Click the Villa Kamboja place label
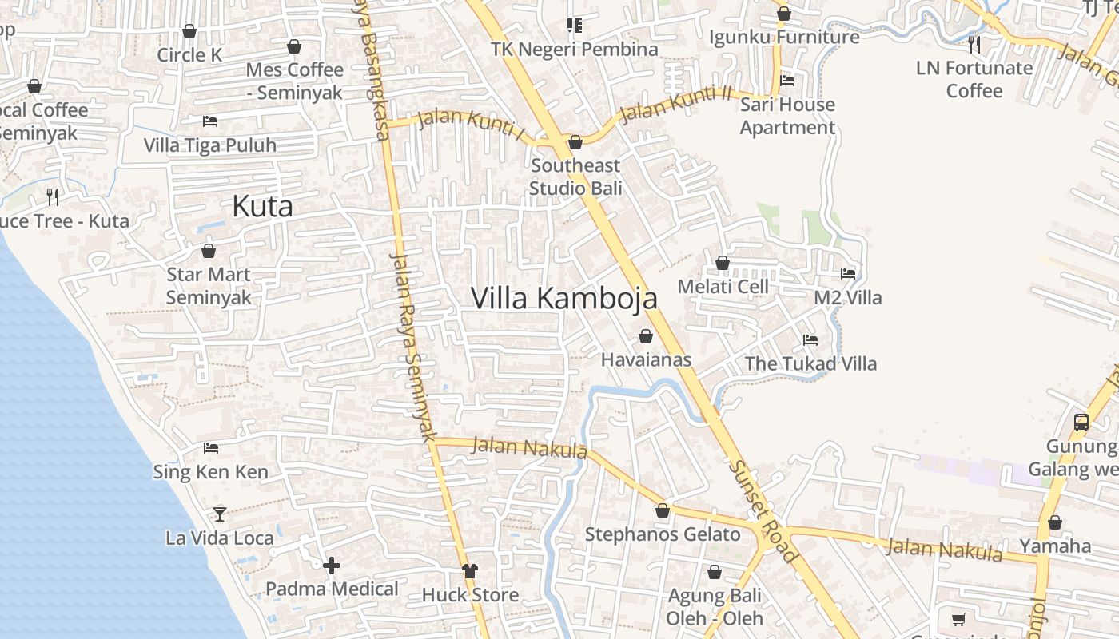pyautogui.click(x=563, y=298)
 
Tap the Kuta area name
pyautogui.click(x=262, y=207)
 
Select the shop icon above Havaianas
pyautogui.click(x=646, y=337)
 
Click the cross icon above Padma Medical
pyautogui.click(x=332, y=566)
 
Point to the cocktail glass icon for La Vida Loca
pyautogui.click(x=220, y=514)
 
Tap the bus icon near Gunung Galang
pyautogui.click(x=1081, y=422)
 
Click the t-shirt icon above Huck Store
pyautogui.click(x=469, y=571)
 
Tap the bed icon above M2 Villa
pyautogui.click(x=848, y=273)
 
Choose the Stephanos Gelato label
pyautogui.click(x=663, y=534)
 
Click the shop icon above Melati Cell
pyautogui.click(x=723, y=263)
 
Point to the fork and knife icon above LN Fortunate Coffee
pyautogui.click(x=974, y=44)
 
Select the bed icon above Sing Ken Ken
pyautogui.click(x=211, y=448)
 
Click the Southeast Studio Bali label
pyautogui.click(x=575, y=177)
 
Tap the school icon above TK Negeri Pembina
pyautogui.click(x=574, y=26)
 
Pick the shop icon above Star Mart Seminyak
pyautogui.click(x=209, y=251)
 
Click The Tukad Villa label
pyautogui.click(x=810, y=364)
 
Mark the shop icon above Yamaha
pyautogui.click(x=1055, y=523)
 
